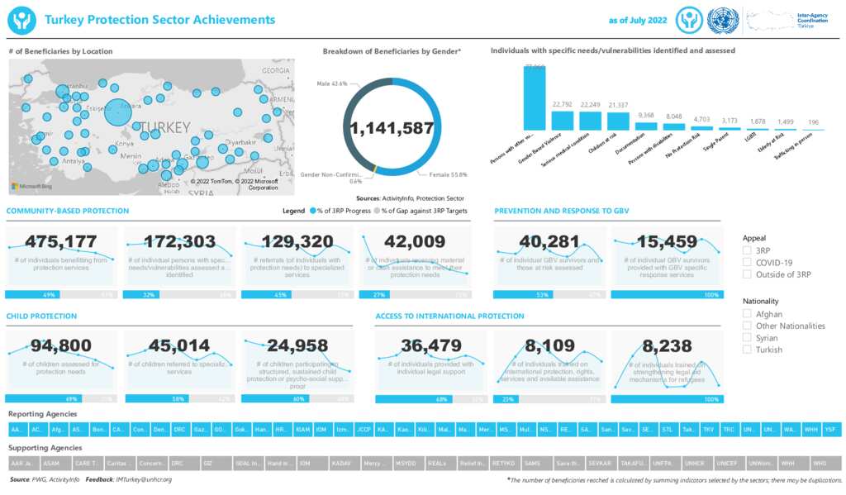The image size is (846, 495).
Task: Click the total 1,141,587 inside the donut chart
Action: (392, 129)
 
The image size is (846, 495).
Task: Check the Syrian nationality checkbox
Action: (747, 338)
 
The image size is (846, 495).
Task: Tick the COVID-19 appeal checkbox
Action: (747, 262)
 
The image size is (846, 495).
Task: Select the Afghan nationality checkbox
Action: (747, 314)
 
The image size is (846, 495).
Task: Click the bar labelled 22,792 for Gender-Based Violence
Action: (562, 119)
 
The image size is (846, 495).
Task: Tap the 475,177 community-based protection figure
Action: (61, 241)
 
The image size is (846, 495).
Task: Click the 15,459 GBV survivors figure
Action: (667, 241)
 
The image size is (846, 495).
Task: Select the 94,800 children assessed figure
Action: (61, 345)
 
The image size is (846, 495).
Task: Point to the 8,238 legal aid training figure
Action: (667, 345)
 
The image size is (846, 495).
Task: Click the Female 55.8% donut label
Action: (448, 174)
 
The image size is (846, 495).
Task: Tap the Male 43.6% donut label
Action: (332, 83)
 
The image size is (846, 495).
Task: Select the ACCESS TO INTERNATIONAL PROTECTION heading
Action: (449, 316)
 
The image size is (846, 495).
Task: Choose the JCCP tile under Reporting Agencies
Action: (364, 430)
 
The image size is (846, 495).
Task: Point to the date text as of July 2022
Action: (637, 20)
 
